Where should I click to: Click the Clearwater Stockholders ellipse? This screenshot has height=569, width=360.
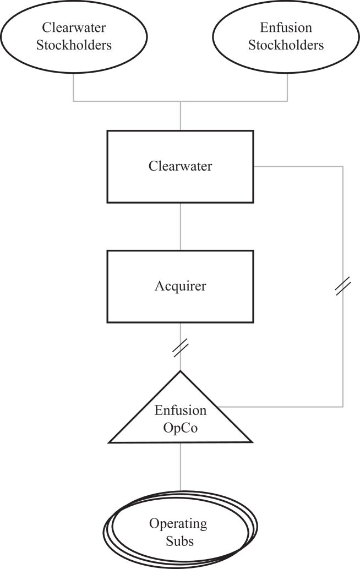(74, 37)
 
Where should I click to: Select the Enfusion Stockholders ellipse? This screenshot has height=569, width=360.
(286, 37)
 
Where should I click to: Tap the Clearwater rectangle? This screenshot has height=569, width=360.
(181, 167)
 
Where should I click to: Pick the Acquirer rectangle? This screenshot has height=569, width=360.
(181, 286)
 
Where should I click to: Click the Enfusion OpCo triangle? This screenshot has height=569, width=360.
(181, 407)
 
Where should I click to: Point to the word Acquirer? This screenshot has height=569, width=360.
(181, 286)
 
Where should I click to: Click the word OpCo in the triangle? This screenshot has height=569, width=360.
(181, 428)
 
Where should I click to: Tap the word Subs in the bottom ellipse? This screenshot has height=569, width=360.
(179, 541)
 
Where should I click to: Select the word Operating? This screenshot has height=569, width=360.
(178, 524)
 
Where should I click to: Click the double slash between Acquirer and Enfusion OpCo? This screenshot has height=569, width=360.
(181, 348)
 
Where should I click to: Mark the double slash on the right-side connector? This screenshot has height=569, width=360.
(343, 286)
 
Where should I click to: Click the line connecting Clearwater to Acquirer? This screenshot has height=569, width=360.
(181, 227)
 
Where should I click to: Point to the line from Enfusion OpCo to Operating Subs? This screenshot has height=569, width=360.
(181, 467)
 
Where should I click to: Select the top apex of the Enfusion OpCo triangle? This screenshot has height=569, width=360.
(181, 370)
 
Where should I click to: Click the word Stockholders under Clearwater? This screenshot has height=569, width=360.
(74, 45)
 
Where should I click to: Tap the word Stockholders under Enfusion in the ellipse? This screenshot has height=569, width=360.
(286, 45)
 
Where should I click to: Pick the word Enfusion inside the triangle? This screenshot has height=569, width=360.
(181, 411)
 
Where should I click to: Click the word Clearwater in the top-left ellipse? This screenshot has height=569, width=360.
(74, 28)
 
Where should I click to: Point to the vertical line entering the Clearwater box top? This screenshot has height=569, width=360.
(181, 116)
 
